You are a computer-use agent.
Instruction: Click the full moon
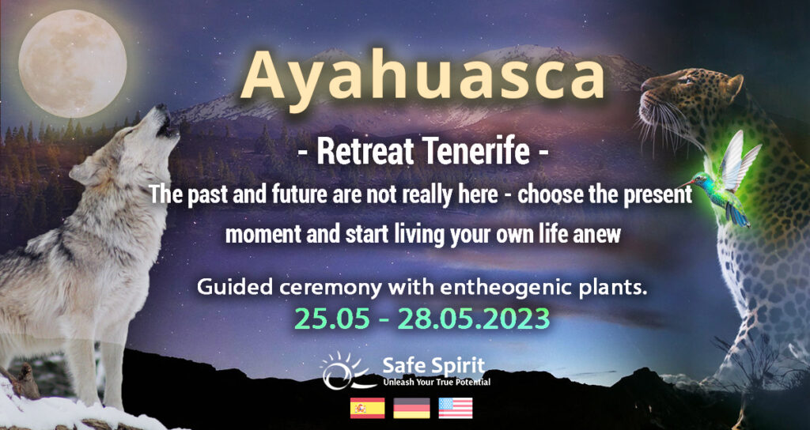click(x=72, y=63)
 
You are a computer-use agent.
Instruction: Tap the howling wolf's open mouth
click(x=166, y=126)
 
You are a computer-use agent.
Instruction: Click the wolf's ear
click(x=82, y=171)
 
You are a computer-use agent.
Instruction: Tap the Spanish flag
click(x=367, y=408)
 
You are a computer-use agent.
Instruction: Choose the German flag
click(x=411, y=408)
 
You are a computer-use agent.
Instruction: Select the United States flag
click(x=456, y=408)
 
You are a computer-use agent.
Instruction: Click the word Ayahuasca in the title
click(x=422, y=75)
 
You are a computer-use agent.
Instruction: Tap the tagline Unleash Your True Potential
click(x=437, y=383)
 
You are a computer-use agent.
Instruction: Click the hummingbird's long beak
click(x=688, y=183)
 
